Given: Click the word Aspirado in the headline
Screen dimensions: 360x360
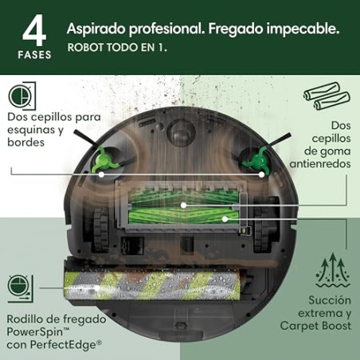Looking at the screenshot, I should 97,28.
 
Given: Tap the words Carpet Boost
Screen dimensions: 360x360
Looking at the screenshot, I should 313,326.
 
